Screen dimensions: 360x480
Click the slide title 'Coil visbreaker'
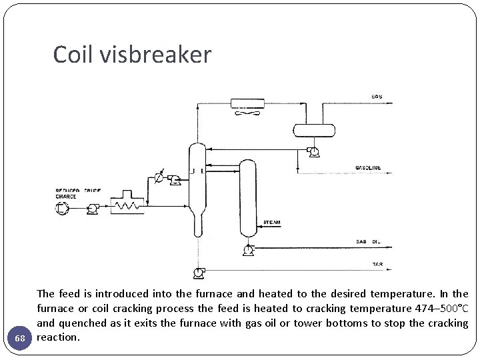tap(132, 55)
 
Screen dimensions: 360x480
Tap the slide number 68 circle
tap(20, 338)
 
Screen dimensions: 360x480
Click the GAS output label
tap(377, 97)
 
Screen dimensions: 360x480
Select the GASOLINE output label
tap(368, 168)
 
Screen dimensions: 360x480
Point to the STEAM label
tap(271, 221)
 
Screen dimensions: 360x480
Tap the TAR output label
tap(377, 265)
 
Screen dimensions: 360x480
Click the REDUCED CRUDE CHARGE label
tap(75, 194)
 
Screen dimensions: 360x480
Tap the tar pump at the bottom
tap(198, 272)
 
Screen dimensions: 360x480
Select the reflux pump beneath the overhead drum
tap(312, 152)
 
